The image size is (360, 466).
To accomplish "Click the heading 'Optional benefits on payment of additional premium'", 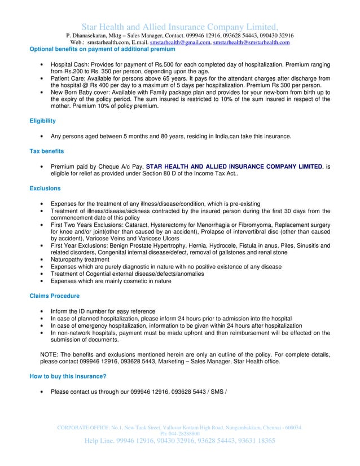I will (x=99, y=49).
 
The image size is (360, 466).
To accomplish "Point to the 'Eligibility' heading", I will (x=42, y=121).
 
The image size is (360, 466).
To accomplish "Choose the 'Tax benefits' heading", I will (x=46, y=151).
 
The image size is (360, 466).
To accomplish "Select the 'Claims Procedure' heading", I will (x=54, y=296).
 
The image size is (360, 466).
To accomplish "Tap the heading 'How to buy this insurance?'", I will (x=68, y=376).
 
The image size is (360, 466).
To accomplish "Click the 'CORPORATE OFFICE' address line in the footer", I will (x=180, y=428).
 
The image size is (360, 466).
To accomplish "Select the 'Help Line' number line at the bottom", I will (x=180, y=441).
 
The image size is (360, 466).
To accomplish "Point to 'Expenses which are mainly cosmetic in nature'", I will (x=111, y=280).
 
